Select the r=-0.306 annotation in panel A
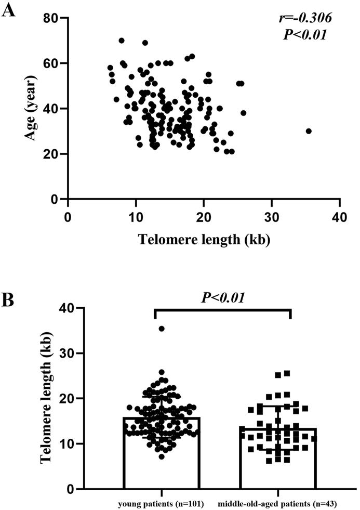(304, 18)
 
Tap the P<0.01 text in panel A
(304, 35)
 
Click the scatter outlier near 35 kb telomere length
(309, 131)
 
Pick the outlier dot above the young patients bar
(162, 329)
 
